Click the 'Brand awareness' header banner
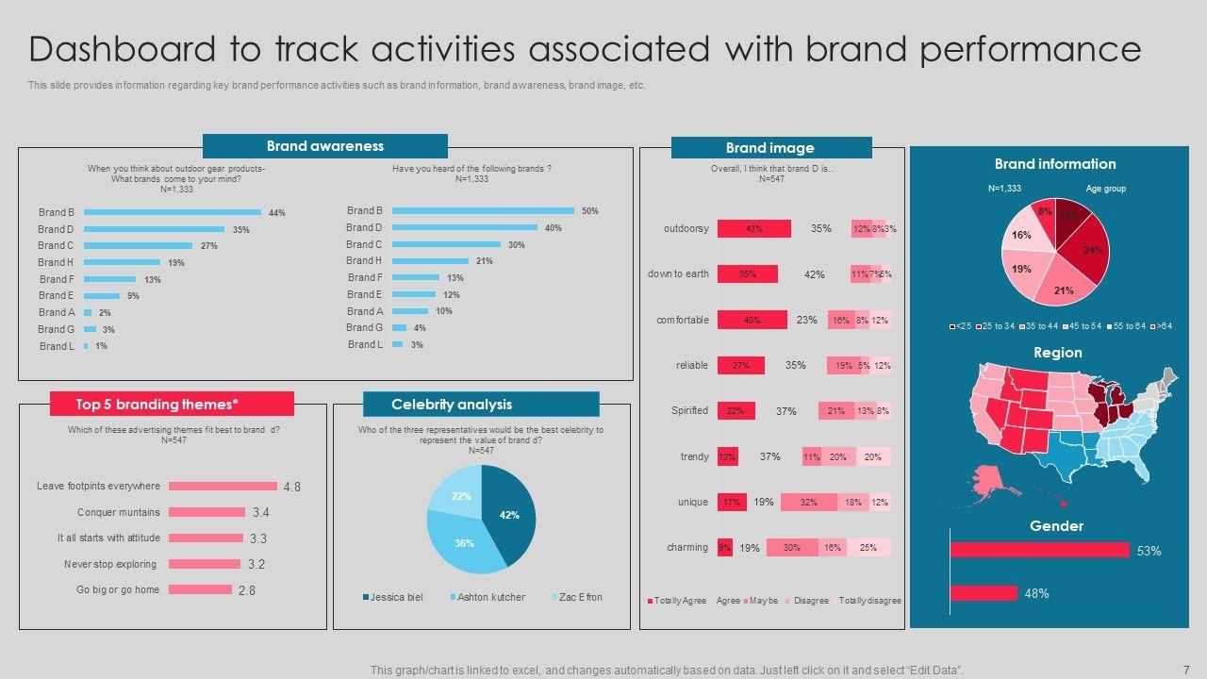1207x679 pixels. (x=324, y=146)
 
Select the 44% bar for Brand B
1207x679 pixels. (x=173, y=212)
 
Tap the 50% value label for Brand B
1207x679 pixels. (x=590, y=211)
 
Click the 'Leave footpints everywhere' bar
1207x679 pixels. (x=223, y=487)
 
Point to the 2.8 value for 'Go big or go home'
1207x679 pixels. (x=246, y=590)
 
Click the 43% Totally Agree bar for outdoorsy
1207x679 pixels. (x=753, y=228)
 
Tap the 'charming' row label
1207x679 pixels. (x=687, y=547)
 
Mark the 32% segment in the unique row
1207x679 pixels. (x=808, y=502)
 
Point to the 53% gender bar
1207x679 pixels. (x=1039, y=550)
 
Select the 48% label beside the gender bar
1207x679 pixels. (x=1036, y=593)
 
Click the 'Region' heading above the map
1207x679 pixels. (x=1057, y=353)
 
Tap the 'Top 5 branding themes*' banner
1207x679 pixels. (x=172, y=405)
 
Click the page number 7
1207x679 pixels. (x=1185, y=670)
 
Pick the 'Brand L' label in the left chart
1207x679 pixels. (x=57, y=346)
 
